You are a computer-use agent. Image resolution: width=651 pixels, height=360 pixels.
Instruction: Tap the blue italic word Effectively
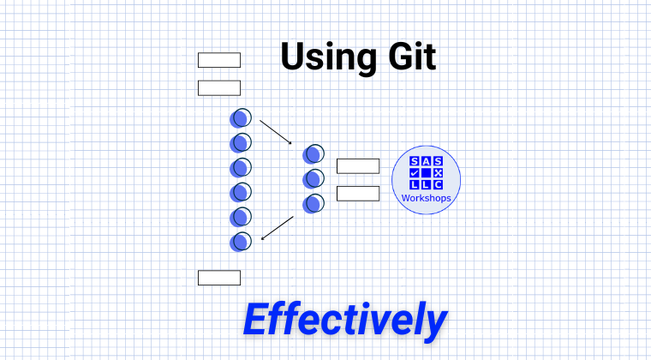point(344,319)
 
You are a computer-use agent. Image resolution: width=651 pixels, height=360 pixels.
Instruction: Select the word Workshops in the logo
point(427,199)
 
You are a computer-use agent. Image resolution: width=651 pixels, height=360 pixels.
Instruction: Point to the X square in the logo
point(439,172)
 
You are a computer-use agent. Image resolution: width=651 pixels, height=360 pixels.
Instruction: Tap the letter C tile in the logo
point(439,184)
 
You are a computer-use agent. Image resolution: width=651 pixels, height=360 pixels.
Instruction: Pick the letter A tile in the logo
point(427,161)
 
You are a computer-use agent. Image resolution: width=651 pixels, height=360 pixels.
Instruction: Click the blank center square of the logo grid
point(427,172)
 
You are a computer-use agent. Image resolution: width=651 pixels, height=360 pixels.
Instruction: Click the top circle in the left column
point(241,117)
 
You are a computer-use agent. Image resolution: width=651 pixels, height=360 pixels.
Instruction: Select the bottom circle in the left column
point(241,241)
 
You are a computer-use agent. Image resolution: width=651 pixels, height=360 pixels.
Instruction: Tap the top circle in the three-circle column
point(314,154)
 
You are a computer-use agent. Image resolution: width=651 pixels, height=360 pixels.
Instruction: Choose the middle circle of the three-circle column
point(314,178)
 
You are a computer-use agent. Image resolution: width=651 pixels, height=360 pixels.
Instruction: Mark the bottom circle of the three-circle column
point(314,203)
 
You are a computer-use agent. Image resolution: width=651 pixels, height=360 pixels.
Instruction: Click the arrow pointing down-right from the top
point(276,130)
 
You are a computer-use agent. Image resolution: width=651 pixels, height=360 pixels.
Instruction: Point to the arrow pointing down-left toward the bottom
point(277,228)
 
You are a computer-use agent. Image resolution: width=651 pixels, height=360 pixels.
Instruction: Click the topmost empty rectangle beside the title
point(219,60)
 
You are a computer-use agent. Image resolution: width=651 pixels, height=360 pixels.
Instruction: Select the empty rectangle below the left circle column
point(219,278)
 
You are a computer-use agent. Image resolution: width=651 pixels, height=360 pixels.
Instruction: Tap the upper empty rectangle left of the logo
point(357,166)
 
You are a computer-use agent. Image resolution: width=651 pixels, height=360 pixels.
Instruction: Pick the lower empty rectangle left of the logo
point(357,194)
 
